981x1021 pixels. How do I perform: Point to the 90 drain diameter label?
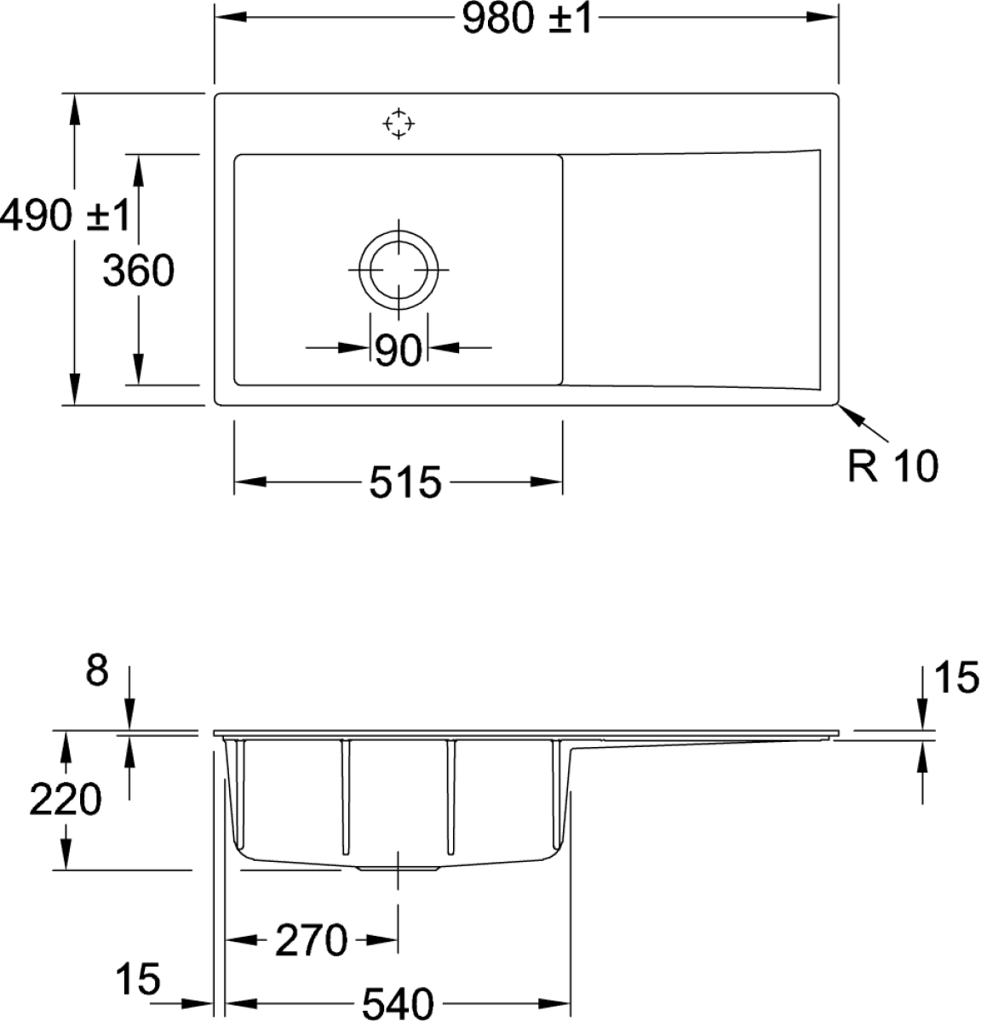click(398, 349)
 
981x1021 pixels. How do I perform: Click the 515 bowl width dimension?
click(405, 484)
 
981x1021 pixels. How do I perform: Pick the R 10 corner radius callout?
click(893, 466)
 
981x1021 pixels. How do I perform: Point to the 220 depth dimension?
click(66, 800)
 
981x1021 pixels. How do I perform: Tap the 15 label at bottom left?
click(140, 979)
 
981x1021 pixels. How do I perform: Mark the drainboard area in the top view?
click(691, 269)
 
